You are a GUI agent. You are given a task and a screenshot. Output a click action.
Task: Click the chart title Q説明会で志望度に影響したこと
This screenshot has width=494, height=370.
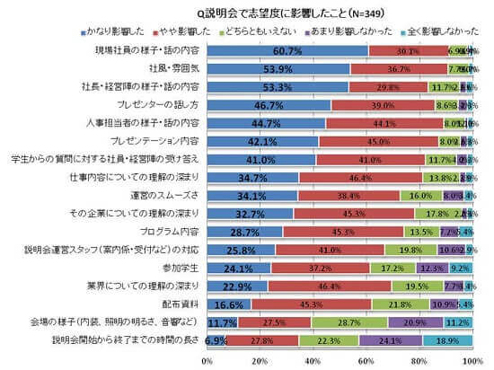click(x=256, y=10)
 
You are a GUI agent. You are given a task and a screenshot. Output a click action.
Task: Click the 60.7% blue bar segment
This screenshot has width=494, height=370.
click(x=287, y=50)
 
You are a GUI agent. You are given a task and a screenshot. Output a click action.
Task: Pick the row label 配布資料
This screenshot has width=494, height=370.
click(x=186, y=304)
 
